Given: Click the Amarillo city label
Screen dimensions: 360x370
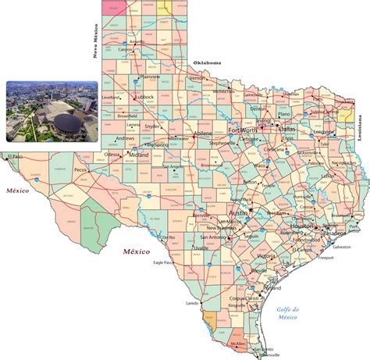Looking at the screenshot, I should coord(137,42).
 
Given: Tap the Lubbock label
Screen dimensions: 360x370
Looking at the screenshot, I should coord(143,97).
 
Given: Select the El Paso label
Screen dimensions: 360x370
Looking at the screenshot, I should coord(15,157).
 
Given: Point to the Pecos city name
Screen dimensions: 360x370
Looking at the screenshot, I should coord(80,169).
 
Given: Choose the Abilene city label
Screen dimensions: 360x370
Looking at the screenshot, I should coord(203,134).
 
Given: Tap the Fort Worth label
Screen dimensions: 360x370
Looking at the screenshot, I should coord(242,130).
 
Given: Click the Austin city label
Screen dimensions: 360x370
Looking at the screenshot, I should coord(239,212).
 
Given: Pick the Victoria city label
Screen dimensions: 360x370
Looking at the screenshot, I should coord(266,256).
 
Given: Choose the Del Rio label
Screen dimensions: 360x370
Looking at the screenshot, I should coord(169,237).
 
